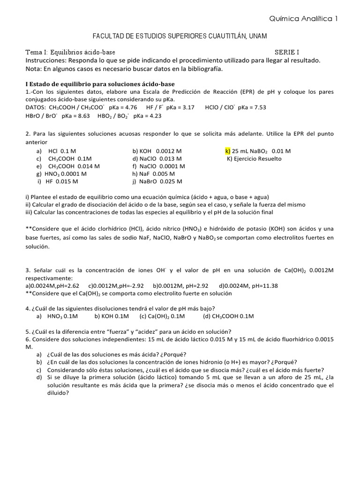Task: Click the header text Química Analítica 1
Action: click(x=303, y=19)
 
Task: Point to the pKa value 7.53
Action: click(x=258, y=107)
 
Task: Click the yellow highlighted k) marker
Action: click(x=228, y=151)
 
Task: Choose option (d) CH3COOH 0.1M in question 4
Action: click(x=228, y=316)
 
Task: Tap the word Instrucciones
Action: click(x=46, y=60)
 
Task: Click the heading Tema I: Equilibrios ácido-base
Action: click(x=71, y=52)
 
